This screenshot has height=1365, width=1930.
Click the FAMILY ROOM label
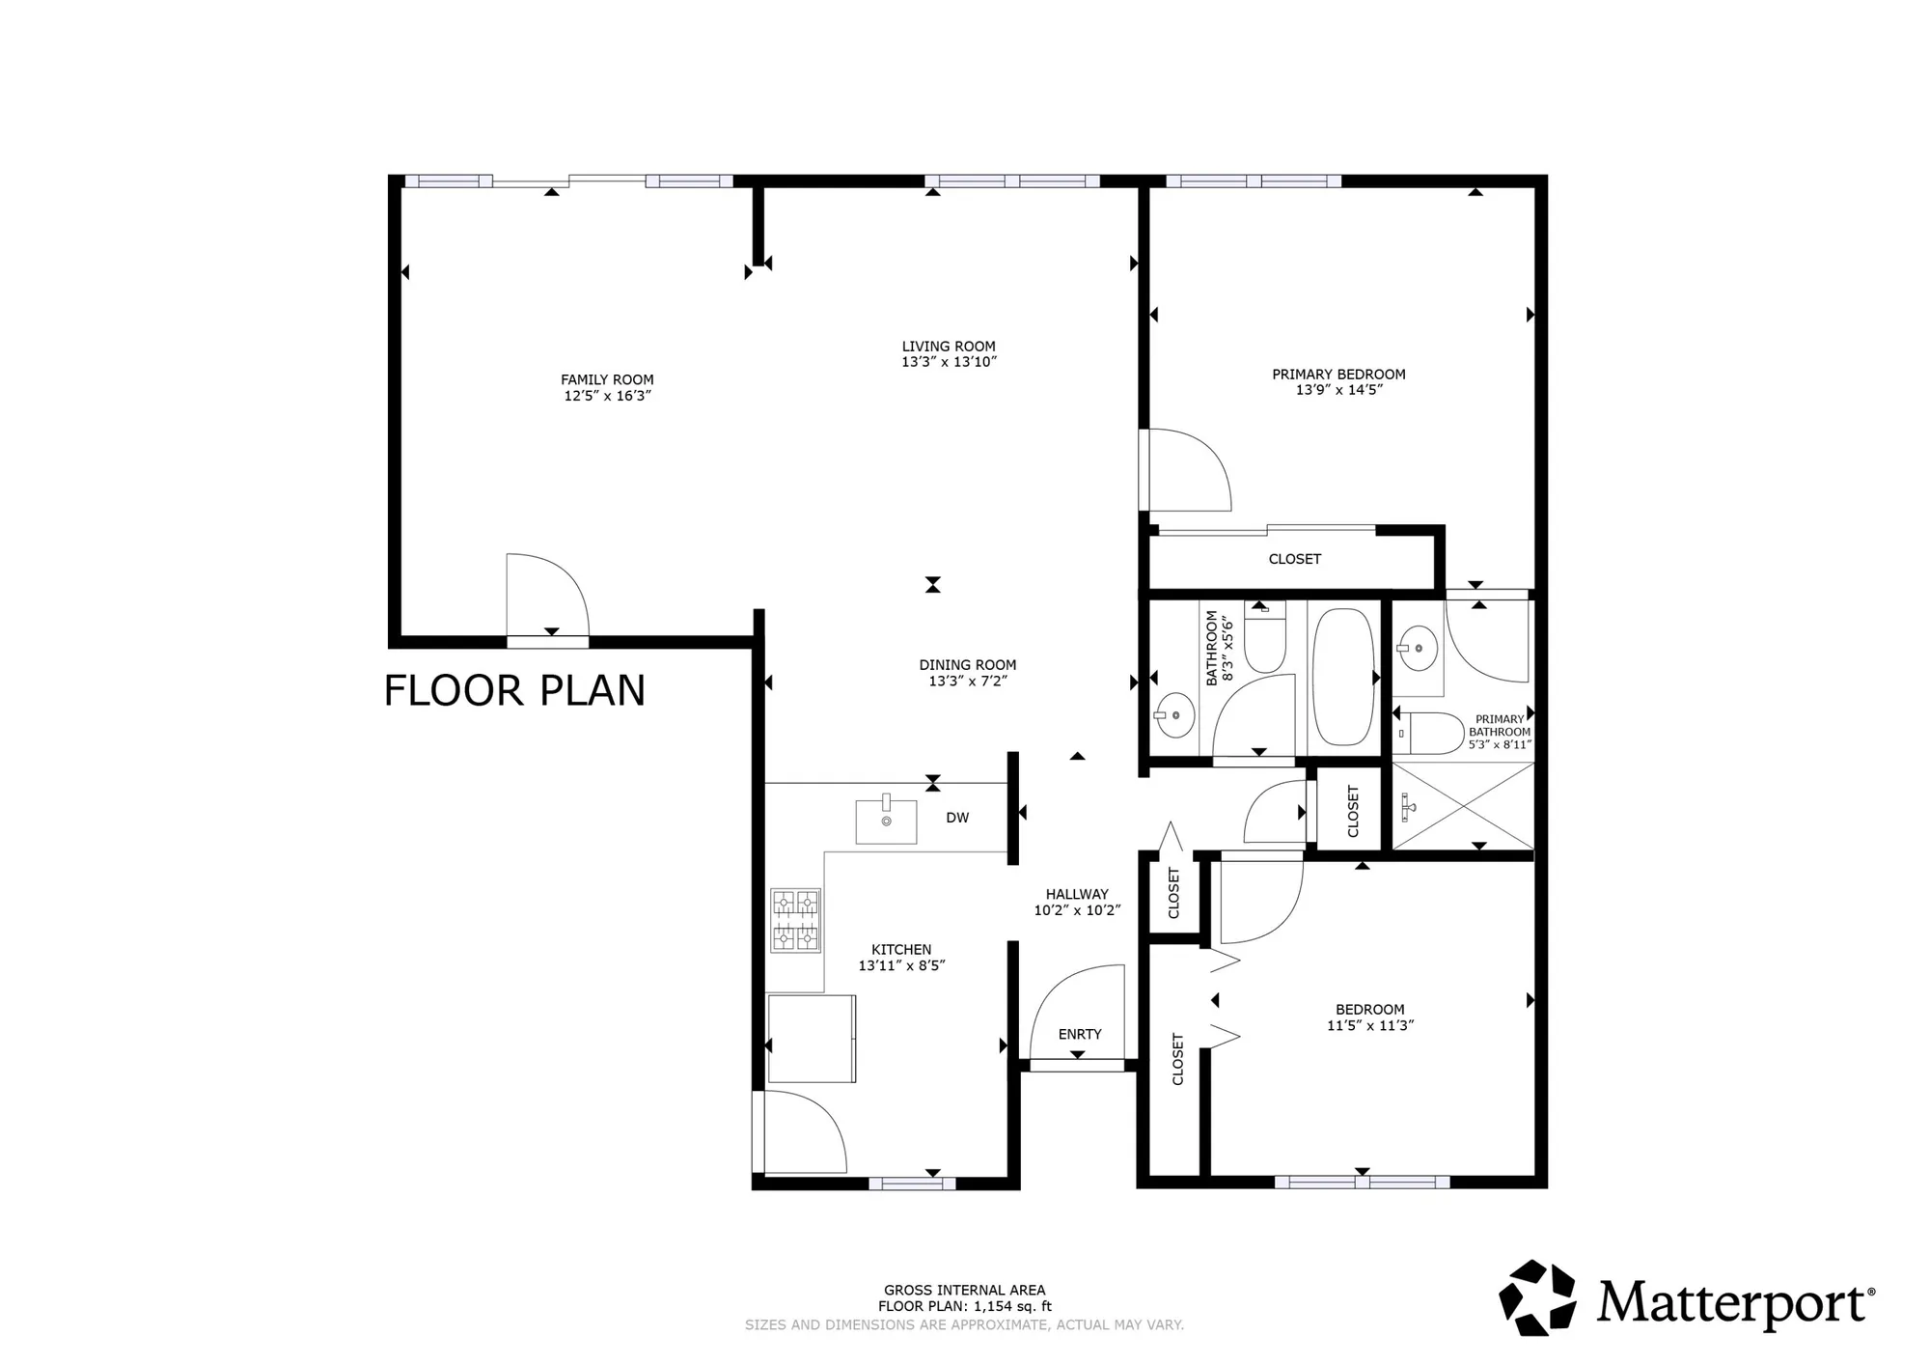click(x=607, y=379)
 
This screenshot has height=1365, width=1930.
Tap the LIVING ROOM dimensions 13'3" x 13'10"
click(x=949, y=362)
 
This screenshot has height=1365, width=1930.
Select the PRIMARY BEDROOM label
click(x=1338, y=374)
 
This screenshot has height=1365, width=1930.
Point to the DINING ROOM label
click(x=967, y=664)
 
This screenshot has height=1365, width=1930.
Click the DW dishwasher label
click(x=957, y=818)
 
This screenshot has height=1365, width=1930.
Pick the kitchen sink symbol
click(x=886, y=821)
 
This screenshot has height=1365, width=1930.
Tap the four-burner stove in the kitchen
click(x=796, y=920)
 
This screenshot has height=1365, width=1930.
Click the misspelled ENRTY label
click(x=1079, y=1034)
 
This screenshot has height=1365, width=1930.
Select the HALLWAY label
click(x=1077, y=894)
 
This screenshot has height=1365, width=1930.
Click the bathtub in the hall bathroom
click(x=1342, y=677)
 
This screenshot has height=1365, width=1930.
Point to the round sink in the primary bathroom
click(x=1418, y=647)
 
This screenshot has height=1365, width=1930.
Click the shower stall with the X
click(x=1462, y=806)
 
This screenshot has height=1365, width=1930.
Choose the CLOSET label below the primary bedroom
click(x=1294, y=559)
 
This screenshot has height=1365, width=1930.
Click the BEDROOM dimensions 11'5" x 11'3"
click(x=1370, y=1025)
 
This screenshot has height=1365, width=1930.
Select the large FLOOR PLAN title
click(x=514, y=691)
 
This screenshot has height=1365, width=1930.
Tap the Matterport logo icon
click(x=1536, y=1297)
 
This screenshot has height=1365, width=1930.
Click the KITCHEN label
click(x=901, y=949)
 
